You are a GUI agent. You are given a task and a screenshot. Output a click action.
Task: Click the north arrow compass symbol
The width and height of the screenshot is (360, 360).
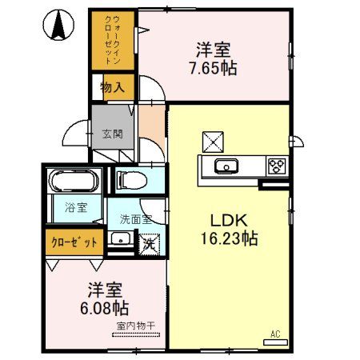click(x=58, y=26)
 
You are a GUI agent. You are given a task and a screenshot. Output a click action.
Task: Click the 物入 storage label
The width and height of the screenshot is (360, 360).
click(x=112, y=87)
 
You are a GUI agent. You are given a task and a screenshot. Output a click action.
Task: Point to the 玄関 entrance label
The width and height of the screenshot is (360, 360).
click(x=111, y=134)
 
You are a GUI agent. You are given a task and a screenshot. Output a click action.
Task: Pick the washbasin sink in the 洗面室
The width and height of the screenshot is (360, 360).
click(x=120, y=238)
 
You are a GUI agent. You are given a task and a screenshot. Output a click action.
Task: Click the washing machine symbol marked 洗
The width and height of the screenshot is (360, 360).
click(x=149, y=242)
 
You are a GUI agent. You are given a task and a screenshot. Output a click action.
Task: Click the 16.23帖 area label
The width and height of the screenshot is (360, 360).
click(x=232, y=238)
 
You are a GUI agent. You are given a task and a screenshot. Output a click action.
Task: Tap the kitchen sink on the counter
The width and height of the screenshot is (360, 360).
click(x=226, y=166)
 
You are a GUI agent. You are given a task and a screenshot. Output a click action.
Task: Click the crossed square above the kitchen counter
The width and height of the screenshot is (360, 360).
click(x=213, y=141)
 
